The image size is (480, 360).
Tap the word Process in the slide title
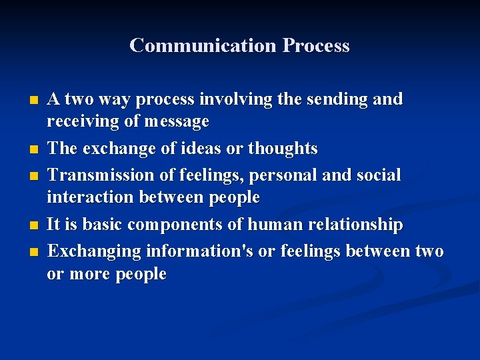[315, 46]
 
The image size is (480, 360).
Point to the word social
[377, 175]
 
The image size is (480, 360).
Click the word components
[175, 225]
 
